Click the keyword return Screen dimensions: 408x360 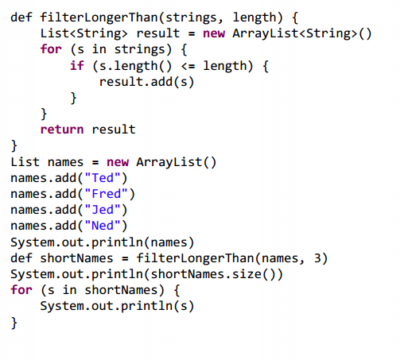62,130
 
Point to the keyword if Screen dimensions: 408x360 77,65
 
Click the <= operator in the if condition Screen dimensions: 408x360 188,66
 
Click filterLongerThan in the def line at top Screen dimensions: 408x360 99,17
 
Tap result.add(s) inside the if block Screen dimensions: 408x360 146,82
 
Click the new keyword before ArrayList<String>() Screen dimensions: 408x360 214,34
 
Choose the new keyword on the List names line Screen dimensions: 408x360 118,162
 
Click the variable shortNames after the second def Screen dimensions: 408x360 76,258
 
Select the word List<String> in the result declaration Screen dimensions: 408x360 84,33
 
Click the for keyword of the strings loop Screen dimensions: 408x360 51,49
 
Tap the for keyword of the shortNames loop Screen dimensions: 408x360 21,290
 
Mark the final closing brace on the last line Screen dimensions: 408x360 14,323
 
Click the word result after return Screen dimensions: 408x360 114,130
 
